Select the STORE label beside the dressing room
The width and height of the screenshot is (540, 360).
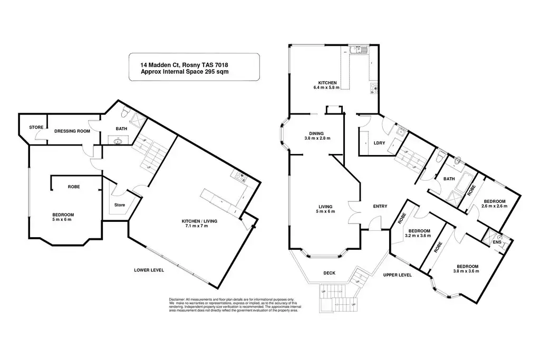[x=36, y=127]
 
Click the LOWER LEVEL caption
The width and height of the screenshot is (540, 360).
[x=149, y=270]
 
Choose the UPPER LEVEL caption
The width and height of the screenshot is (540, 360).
[x=397, y=275]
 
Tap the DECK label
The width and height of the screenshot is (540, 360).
[x=329, y=273]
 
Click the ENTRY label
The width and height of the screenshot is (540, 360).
[x=380, y=206]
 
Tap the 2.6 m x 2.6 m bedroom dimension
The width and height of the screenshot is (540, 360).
[x=495, y=206]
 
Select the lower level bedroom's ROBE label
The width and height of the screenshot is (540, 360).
[x=74, y=187]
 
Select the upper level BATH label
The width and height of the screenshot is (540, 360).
[x=449, y=179]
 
